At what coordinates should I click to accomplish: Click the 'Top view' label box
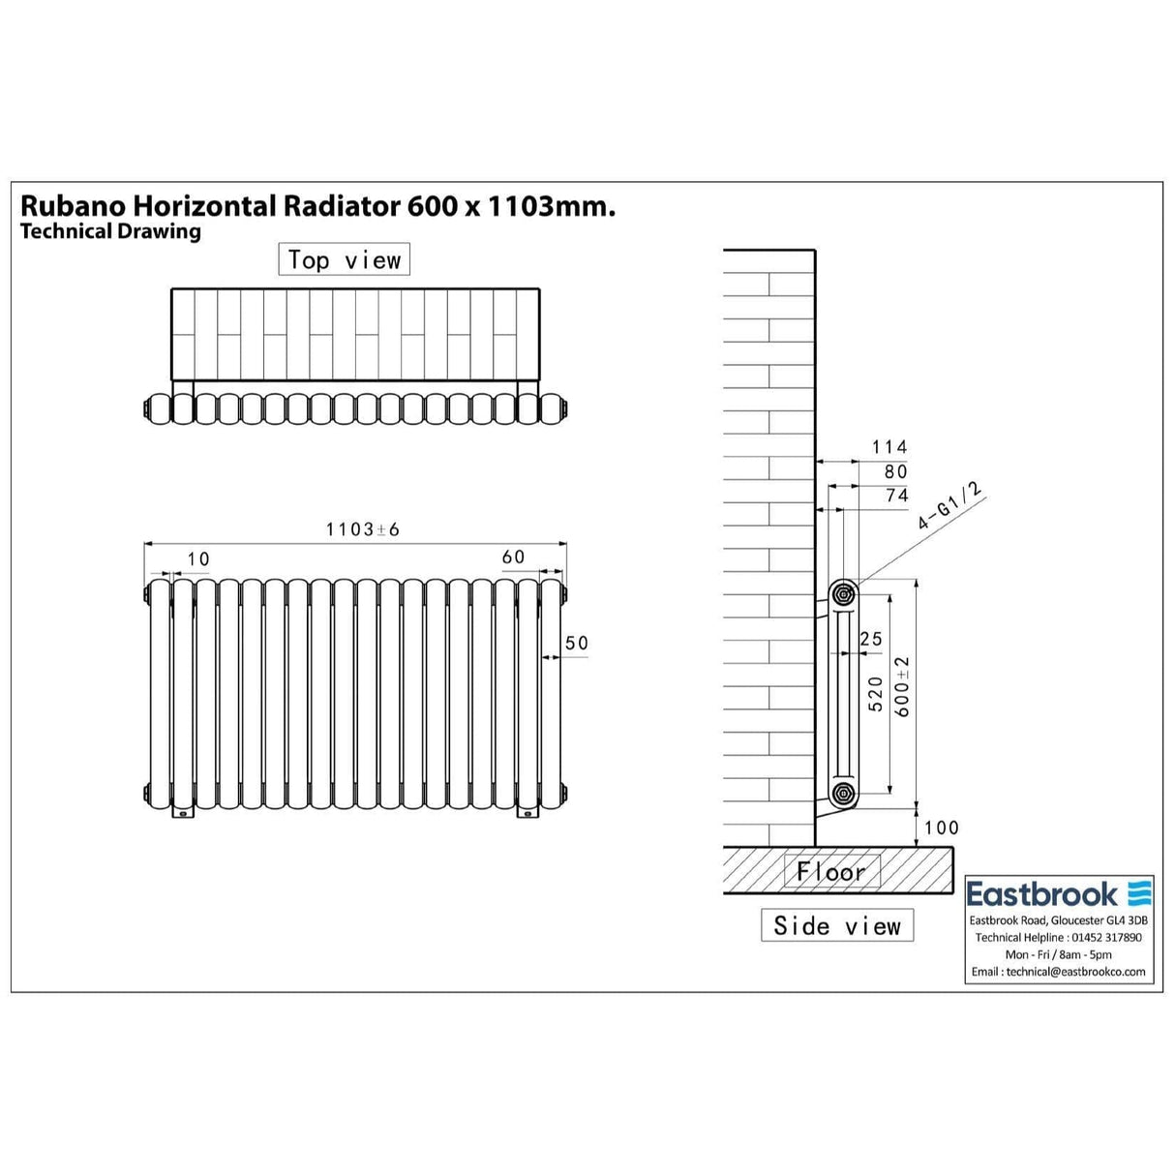pos(344,260)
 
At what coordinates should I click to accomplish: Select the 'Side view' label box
pos(837,926)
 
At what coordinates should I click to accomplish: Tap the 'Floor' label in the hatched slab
pos(831,872)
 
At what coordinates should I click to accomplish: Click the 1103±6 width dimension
pos(362,529)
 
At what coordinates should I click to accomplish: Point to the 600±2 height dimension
pos(903,686)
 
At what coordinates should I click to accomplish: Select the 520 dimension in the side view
pos(876,694)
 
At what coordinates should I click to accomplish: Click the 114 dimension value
pos(889,447)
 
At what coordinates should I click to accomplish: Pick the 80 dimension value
pos(896,471)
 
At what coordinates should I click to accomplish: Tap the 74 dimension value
pos(897,496)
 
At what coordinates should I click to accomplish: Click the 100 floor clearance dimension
pos(941,828)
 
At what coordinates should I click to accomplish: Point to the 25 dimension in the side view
pos(870,639)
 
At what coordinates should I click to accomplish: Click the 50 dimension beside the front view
pos(577,643)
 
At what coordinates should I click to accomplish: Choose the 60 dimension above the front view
pos(513,557)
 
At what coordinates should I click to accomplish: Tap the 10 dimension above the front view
pos(198,559)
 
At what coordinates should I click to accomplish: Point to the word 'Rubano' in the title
pos(73,206)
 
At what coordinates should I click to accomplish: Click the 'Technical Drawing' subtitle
pos(110,231)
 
